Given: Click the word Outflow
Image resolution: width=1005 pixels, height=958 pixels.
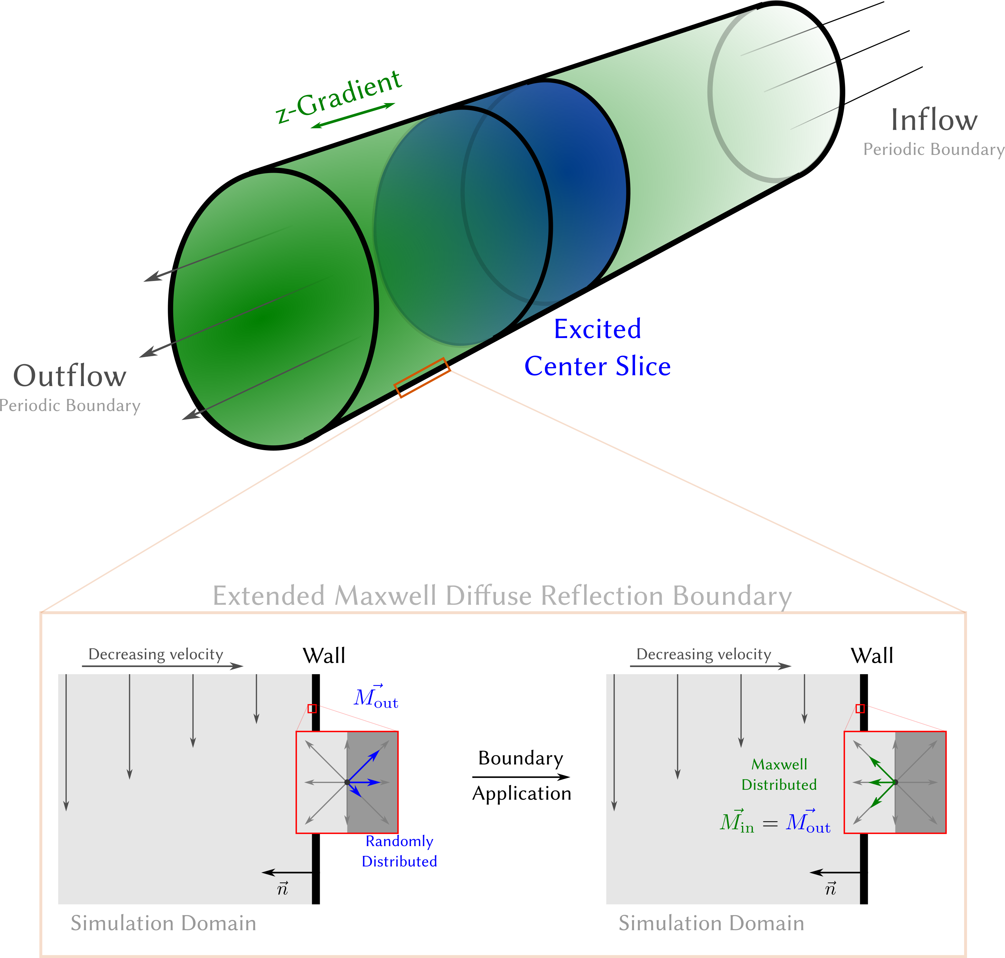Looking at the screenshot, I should [x=70, y=376].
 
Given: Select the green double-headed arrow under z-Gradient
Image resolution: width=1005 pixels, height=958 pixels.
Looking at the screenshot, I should [x=353, y=115].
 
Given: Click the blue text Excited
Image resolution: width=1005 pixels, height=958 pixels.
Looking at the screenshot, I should [x=597, y=329].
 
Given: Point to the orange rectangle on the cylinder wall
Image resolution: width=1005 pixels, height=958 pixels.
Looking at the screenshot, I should [x=422, y=377].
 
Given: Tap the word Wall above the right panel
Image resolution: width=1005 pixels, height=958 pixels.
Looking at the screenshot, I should [x=872, y=656].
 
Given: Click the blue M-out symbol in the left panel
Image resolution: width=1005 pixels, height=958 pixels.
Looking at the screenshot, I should [x=376, y=698].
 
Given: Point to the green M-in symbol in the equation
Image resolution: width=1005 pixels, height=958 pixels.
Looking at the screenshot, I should [x=736, y=822].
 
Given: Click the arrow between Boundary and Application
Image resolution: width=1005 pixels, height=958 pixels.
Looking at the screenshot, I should [x=521, y=777].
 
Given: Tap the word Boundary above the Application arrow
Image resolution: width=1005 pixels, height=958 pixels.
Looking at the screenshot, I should [x=521, y=758].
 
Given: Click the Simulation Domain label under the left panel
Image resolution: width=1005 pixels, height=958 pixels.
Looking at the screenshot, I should [x=163, y=923].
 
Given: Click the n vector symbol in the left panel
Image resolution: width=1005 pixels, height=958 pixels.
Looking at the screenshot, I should [x=282, y=889].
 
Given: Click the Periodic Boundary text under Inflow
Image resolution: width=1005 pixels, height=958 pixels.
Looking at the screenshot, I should [x=934, y=150].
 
